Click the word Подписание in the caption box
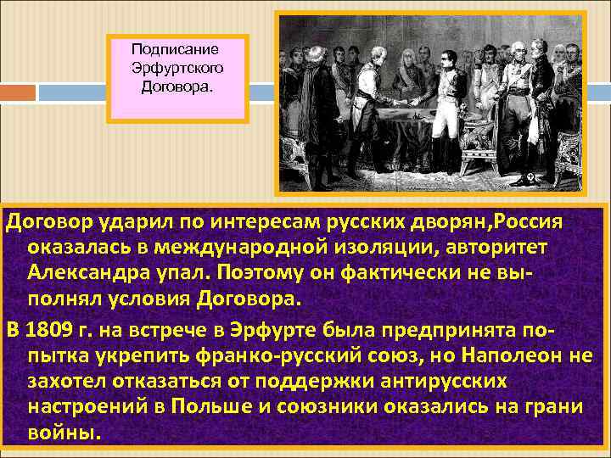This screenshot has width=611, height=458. [x=176, y=50]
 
